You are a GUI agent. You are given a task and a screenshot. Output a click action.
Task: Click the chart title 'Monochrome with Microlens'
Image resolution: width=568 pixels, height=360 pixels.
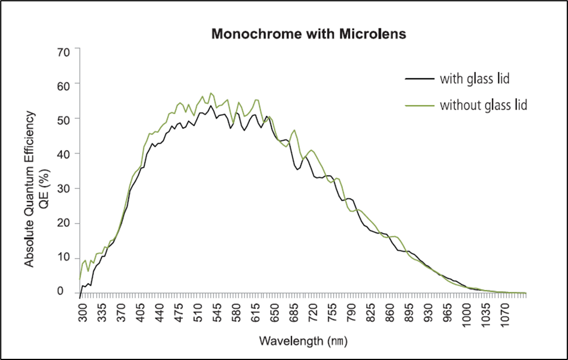[x=309, y=34]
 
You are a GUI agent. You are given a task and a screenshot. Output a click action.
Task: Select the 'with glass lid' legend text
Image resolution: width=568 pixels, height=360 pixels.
[x=474, y=79]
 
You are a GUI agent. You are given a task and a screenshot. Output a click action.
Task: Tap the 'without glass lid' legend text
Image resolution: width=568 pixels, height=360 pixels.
[x=483, y=106]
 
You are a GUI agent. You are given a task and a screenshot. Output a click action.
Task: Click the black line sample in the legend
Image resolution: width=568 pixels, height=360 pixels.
[x=419, y=79]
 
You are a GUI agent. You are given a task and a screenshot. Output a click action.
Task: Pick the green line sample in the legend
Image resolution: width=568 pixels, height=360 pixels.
[x=419, y=106]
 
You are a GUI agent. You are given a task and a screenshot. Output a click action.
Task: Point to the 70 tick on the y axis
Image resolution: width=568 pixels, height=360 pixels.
[x=63, y=52]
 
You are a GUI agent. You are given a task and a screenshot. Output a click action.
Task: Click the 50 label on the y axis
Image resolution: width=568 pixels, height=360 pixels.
[x=63, y=119]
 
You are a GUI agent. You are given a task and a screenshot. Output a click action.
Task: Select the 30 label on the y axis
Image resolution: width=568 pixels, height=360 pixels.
[x=63, y=188]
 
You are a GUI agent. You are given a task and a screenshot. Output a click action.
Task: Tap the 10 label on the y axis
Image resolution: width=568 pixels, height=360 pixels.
[x=63, y=257]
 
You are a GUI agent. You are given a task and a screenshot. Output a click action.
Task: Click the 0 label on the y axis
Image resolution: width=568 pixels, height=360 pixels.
[x=67, y=292]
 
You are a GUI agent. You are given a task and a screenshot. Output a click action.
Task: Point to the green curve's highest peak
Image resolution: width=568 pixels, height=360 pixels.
[x=211, y=93]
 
